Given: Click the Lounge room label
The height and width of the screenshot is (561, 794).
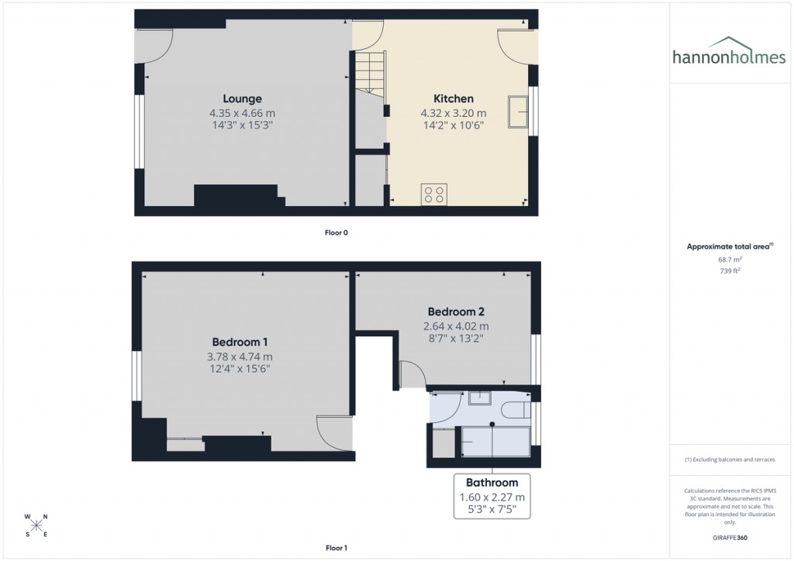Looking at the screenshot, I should pyautogui.click(x=242, y=98).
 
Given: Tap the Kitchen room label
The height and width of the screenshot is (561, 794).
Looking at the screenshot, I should pyautogui.click(x=453, y=98).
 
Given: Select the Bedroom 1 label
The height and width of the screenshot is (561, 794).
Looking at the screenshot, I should pyautogui.click(x=240, y=342).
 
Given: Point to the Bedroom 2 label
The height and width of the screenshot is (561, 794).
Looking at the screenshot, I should pyautogui.click(x=456, y=311).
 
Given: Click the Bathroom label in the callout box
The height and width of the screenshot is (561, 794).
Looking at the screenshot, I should pyautogui.click(x=492, y=483).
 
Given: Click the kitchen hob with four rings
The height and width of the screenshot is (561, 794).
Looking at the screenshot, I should pyautogui.click(x=433, y=194).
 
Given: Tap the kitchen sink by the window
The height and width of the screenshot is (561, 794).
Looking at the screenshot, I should pyautogui.click(x=517, y=111).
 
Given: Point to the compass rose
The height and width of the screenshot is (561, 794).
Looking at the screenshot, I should pyautogui.click(x=36, y=525).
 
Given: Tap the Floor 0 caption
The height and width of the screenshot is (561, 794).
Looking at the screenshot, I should pyautogui.click(x=336, y=232).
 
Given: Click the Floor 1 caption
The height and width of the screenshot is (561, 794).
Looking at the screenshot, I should pyautogui.click(x=336, y=548).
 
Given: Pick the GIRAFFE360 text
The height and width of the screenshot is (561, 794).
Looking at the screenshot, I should pyautogui.click(x=730, y=537).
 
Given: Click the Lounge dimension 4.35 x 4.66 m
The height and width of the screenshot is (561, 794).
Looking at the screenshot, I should pyautogui.click(x=242, y=112).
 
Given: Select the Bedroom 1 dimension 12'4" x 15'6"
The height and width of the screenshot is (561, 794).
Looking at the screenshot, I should pyautogui.click(x=240, y=369).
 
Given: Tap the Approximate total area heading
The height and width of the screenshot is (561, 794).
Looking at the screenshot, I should pyautogui.click(x=730, y=246).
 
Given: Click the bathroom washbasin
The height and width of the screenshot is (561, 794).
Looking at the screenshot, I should pyautogui.click(x=480, y=398).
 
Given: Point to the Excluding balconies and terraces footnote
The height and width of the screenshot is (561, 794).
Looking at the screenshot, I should pyautogui.click(x=730, y=459).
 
